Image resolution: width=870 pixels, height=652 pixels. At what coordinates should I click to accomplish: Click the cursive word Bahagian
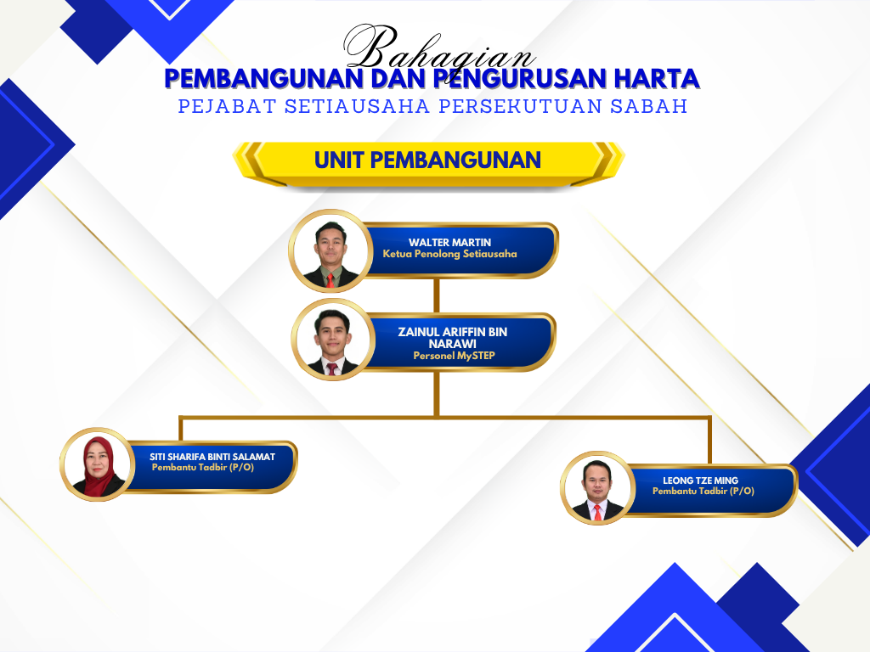438,48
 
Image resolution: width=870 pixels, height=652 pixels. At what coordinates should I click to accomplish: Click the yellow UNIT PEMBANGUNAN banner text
427,160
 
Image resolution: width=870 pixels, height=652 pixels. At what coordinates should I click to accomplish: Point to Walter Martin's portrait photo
330,250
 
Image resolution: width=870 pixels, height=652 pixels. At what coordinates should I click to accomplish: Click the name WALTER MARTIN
449,242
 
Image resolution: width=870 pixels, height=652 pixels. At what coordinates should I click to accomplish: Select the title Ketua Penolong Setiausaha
449,254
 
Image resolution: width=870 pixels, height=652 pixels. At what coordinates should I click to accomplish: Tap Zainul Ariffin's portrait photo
333,340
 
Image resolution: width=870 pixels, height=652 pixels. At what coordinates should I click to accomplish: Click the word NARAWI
452,344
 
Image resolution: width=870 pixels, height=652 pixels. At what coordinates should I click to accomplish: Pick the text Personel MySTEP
454,356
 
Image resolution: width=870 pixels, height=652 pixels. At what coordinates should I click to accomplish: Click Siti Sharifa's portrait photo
98,464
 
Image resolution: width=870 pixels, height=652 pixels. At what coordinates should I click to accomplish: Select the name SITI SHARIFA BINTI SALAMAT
212,457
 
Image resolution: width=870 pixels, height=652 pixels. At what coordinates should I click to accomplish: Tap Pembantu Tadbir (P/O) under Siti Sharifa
202,468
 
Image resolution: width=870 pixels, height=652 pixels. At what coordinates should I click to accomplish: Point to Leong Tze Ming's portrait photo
597,488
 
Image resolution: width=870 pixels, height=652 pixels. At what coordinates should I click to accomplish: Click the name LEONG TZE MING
700,481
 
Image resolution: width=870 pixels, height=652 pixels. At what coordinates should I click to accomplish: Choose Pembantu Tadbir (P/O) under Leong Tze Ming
703,492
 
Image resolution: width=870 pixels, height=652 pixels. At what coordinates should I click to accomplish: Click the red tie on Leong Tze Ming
597,512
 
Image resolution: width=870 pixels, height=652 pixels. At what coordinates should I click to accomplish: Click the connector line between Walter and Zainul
437,295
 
